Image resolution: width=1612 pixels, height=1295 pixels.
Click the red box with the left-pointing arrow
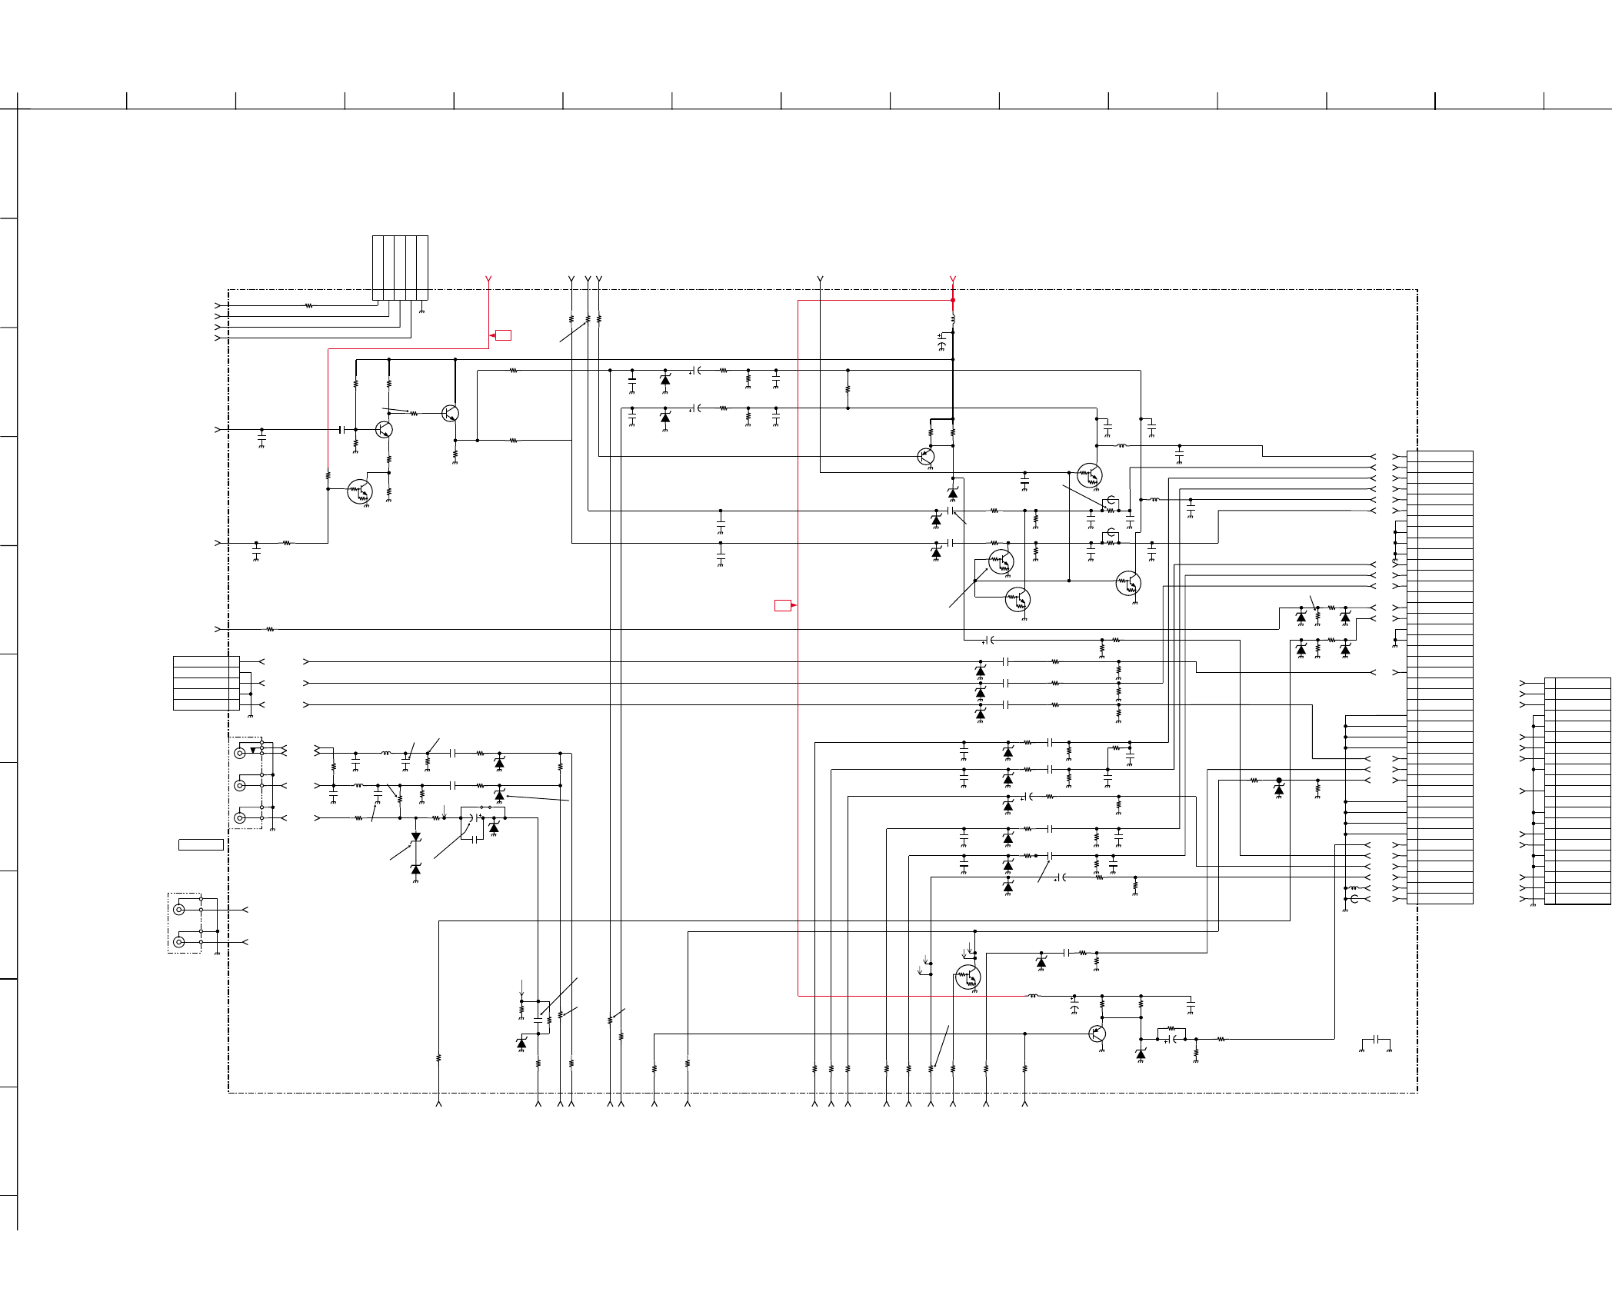pyautogui.click(x=503, y=335)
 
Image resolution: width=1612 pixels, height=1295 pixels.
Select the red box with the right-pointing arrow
pyautogui.click(x=783, y=605)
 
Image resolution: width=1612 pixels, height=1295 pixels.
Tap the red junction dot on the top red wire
pyautogui.click(x=953, y=300)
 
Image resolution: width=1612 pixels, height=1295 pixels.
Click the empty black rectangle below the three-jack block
pyautogui.click(x=201, y=844)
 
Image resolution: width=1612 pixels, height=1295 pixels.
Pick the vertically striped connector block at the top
pyautogui.click(x=400, y=268)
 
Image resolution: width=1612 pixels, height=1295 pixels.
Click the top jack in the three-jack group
pyautogui.click(x=240, y=753)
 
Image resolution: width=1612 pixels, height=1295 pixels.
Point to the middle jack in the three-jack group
pyautogui.click(x=240, y=785)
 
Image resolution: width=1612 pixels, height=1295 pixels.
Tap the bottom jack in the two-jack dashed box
pyautogui.click(x=179, y=942)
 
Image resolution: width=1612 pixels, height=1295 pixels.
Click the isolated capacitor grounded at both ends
pyautogui.click(x=1375, y=1043)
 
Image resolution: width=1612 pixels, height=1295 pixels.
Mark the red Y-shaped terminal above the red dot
pyautogui.click(x=953, y=279)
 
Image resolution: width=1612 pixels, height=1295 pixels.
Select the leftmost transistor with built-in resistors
pyautogui.click(x=359, y=491)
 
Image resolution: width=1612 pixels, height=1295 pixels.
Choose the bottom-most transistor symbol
pyautogui.click(x=1097, y=1034)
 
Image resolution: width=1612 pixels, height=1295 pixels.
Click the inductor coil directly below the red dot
pyautogui.click(x=953, y=318)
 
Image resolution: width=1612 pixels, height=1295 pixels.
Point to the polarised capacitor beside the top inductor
pyautogui.click(x=942, y=341)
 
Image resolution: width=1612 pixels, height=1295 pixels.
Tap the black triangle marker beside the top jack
pyautogui.click(x=253, y=750)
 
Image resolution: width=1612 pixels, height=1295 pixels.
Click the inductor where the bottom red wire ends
pyautogui.click(x=1033, y=996)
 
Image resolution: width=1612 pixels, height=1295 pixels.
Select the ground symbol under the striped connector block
pyautogui.click(x=421, y=310)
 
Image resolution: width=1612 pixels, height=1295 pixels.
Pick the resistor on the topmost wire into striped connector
pyautogui.click(x=308, y=305)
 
